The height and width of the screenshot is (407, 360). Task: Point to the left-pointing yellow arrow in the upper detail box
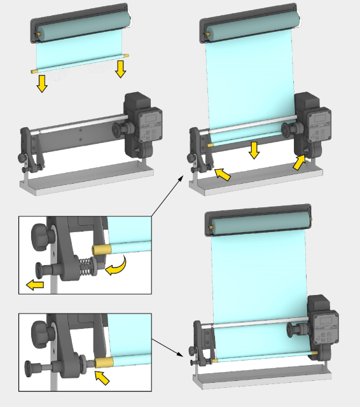coord(35,284)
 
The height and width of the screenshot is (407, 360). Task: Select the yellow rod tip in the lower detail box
coord(103,362)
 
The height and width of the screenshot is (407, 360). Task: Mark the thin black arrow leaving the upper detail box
coord(167,197)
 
